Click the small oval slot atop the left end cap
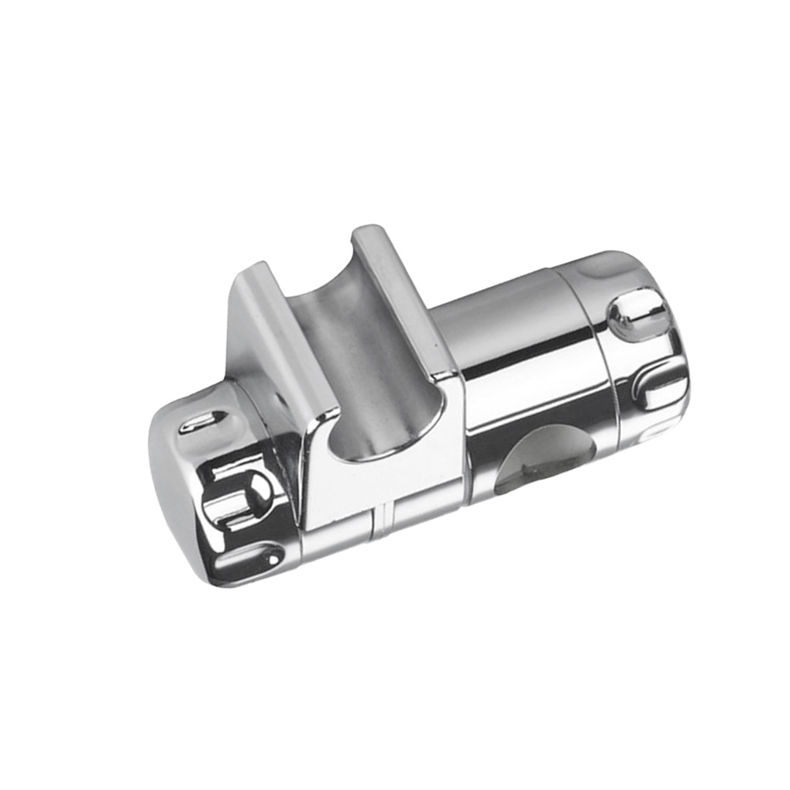[200, 422]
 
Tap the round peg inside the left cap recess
[256, 489]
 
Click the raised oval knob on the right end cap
[637, 314]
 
